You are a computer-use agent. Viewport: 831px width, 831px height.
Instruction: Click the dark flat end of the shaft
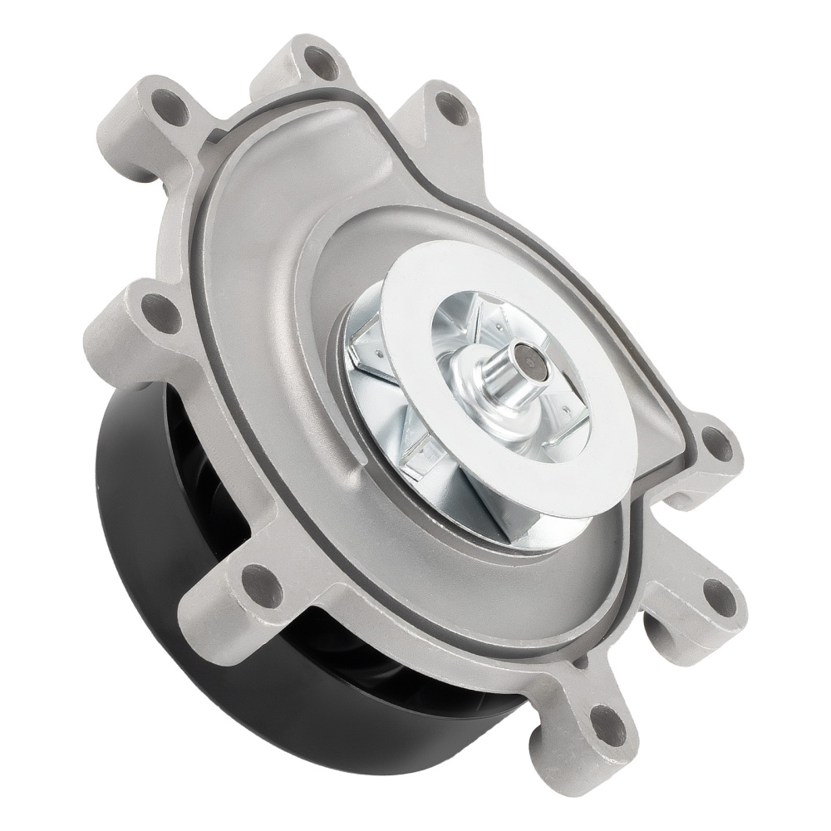point(526,362)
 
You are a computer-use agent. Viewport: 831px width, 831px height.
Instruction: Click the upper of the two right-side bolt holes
point(717,443)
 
